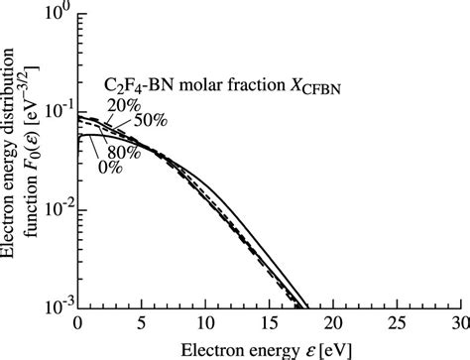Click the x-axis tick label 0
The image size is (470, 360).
coord(77,323)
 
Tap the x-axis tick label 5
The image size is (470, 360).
coord(141,323)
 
